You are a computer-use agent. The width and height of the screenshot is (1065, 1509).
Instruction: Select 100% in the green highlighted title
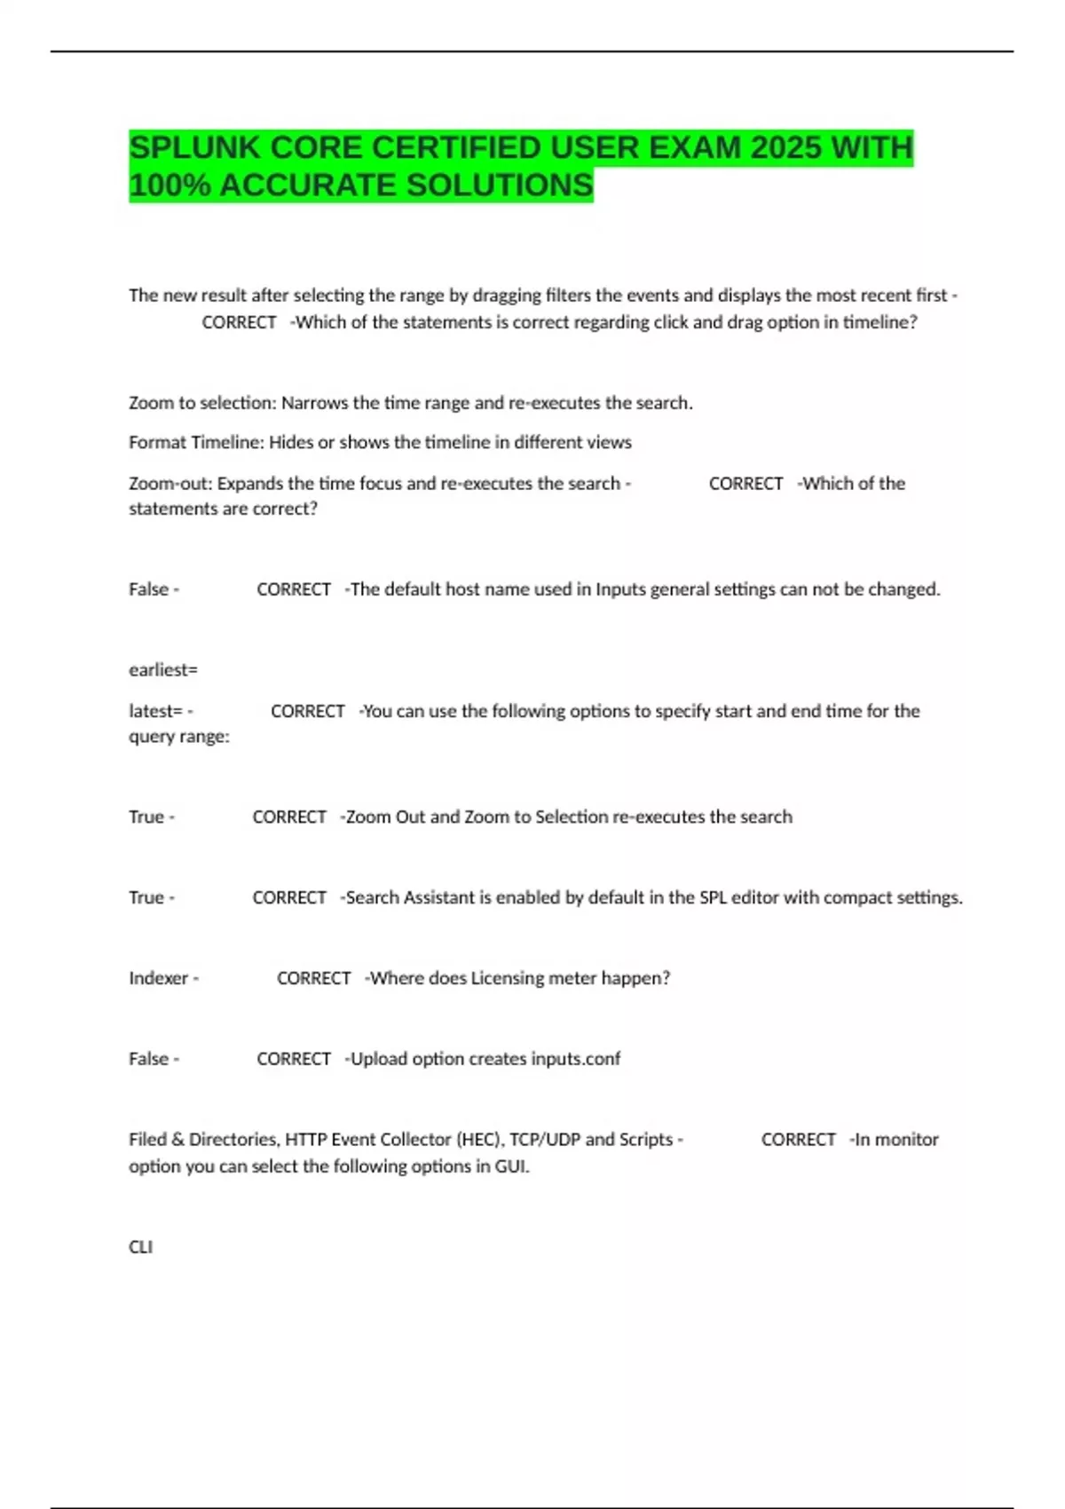tap(170, 186)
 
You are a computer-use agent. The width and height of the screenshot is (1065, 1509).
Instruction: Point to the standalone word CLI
tap(140, 1247)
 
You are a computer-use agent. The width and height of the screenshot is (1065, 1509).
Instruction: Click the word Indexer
tap(159, 978)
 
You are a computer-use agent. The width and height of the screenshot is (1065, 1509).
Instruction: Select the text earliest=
tap(163, 670)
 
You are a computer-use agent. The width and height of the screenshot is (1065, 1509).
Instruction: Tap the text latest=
tap(155, 711)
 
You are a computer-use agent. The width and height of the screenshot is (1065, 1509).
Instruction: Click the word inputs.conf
tap(575, 1059)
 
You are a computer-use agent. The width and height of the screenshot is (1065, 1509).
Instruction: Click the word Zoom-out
tap(170, 484)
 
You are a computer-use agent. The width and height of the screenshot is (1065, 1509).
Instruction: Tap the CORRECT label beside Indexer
tap(313, 978)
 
